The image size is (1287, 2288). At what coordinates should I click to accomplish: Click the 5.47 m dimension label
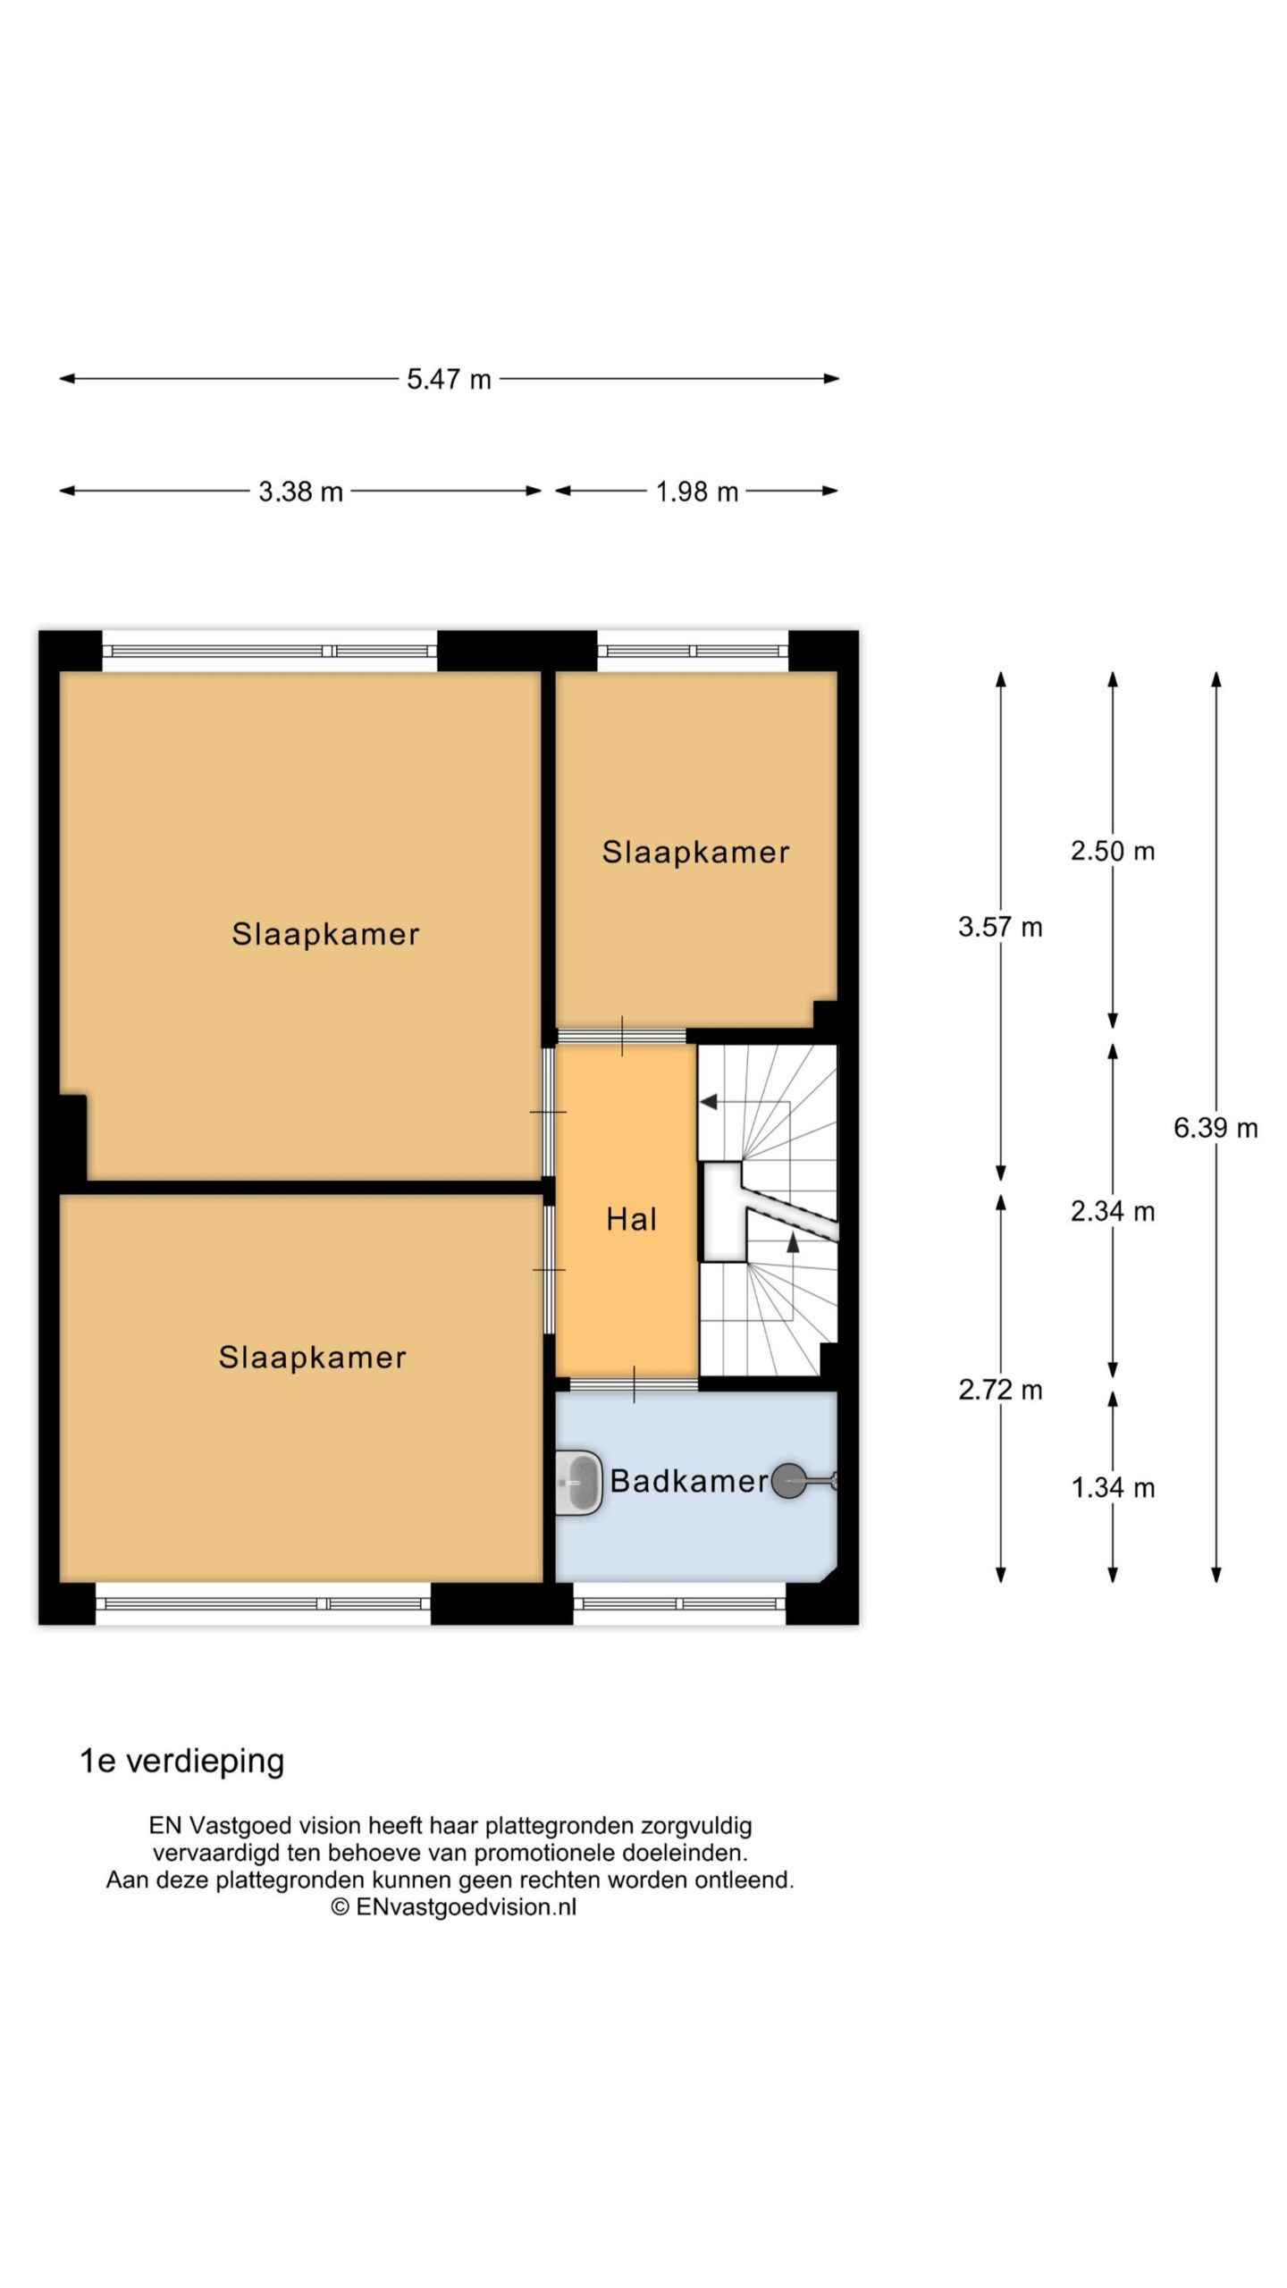[449, 379]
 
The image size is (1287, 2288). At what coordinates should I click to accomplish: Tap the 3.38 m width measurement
[300, 492]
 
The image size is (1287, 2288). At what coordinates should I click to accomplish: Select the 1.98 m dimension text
[697, 492]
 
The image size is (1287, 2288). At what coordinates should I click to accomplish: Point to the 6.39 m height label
[1215, 1128]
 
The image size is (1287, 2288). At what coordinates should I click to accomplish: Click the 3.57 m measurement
[1000, 927]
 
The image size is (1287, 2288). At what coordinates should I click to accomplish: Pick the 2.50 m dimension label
[1113, 851]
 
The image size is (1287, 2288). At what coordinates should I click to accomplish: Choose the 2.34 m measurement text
[1113, 1211]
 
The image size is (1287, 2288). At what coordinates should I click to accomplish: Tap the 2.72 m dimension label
[1000, 1390]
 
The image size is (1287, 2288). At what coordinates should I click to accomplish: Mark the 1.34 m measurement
[1113, 1487]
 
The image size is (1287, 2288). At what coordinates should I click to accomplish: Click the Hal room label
[632, 1219]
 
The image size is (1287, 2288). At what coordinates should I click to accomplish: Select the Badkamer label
[689, 1481]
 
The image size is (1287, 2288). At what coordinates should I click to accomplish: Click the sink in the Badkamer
[578, 1483]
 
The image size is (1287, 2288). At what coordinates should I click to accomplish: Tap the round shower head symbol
[788, 1481]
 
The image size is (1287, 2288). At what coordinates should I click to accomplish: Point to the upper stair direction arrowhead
[709, 1102]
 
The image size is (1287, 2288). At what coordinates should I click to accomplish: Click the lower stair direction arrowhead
[792, 1241]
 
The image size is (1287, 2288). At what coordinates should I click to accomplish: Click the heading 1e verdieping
[182, 1761]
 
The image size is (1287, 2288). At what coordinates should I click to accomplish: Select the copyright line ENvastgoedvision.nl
[454, 1906]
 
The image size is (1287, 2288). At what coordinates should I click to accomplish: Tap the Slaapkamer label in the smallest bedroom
[695, 852]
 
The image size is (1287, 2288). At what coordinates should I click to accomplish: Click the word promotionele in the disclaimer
[543, 1853]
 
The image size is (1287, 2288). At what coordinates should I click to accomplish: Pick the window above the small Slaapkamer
[693, 651]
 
